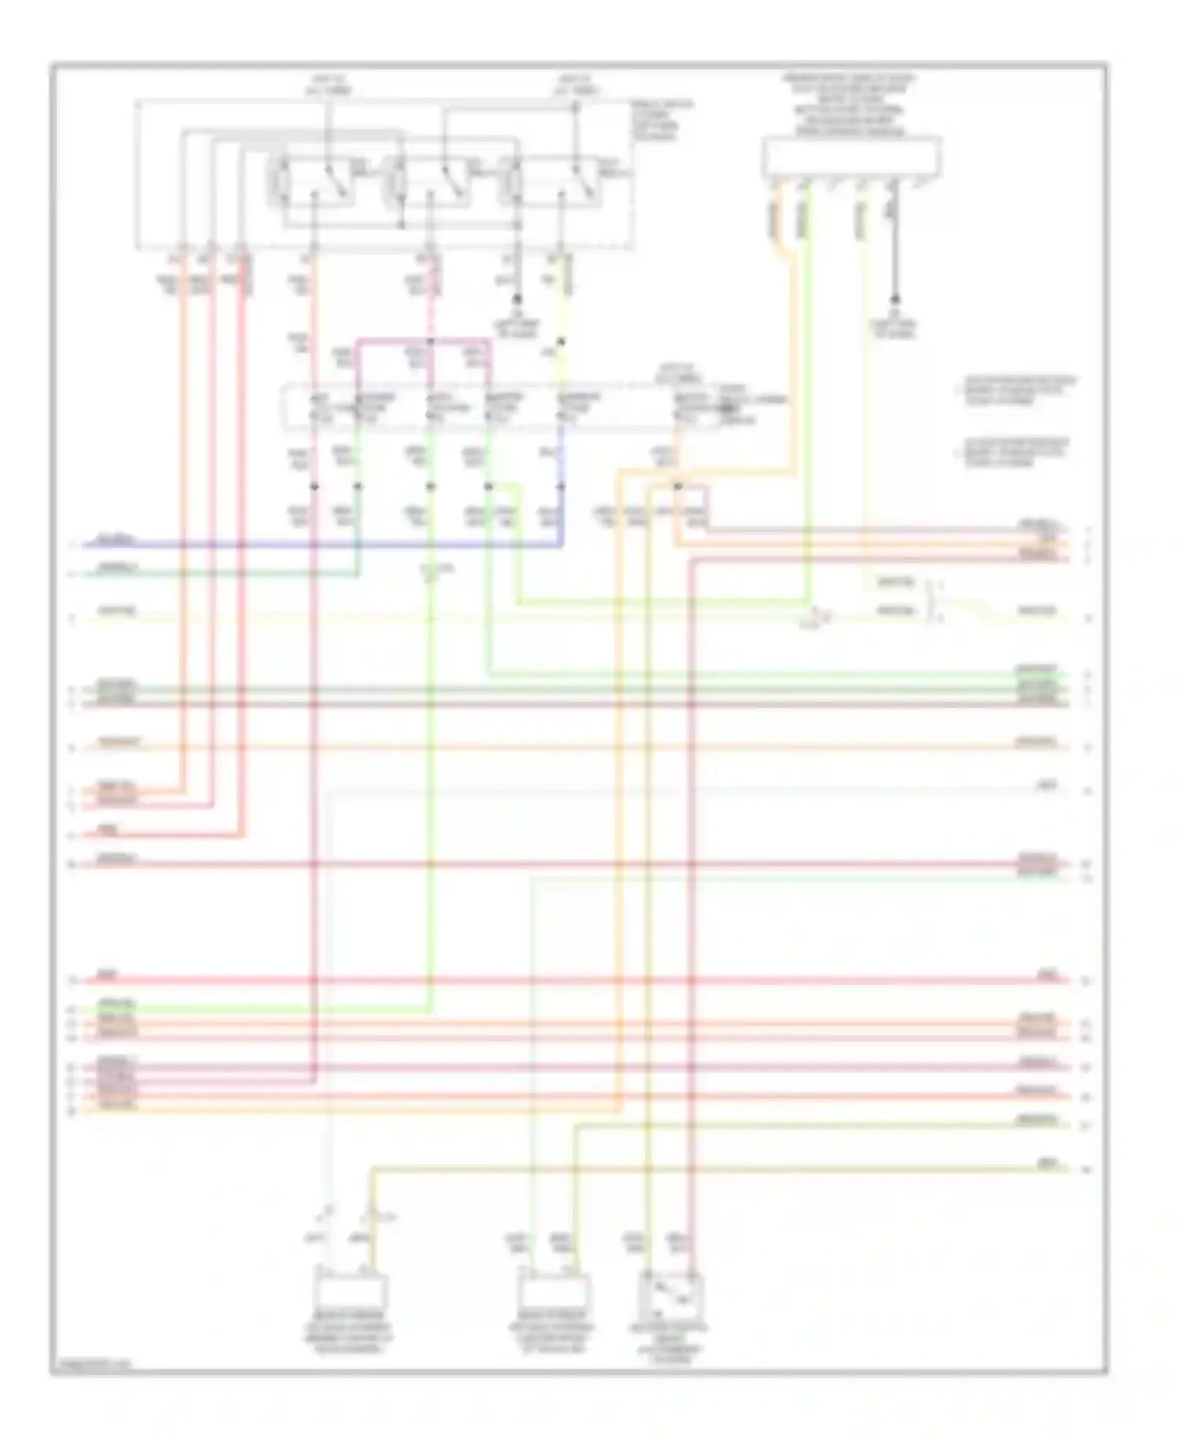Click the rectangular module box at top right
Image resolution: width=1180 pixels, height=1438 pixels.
851,157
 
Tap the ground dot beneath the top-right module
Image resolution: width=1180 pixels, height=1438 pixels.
894,299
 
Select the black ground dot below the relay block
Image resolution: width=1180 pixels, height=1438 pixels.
518,299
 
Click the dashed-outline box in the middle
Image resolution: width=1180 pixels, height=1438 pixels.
503,408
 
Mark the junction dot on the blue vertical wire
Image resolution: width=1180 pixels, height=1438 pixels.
561,486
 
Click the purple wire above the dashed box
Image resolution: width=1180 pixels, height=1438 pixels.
425,341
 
